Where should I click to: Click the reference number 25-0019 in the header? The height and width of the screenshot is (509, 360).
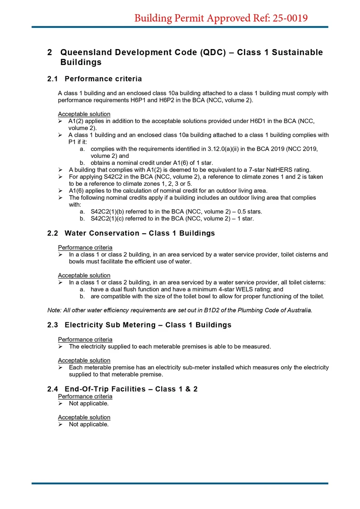[x=288, y=18]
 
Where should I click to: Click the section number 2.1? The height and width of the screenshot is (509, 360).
[x=52, y=79]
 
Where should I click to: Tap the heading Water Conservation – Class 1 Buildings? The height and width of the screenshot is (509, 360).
[x=139, y=233]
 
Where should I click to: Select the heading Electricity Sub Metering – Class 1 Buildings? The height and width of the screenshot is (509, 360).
[x=148, y=325]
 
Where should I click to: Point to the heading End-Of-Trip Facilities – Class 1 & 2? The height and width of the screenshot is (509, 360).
[x=131, y=389]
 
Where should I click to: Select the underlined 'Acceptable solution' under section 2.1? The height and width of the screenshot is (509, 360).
[x=84, y=114]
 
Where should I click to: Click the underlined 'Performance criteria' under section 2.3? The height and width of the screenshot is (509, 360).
[x=85, y=339]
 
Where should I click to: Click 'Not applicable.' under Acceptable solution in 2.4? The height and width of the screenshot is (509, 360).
[x=89, y=424]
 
